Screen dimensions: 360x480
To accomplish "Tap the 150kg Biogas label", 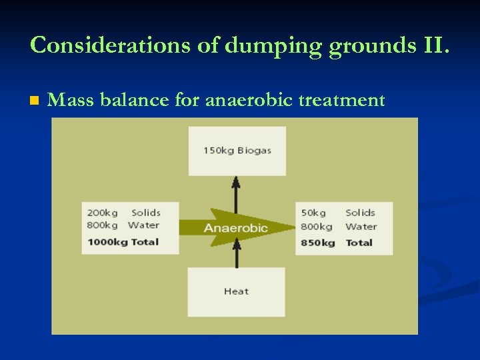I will point(237,151).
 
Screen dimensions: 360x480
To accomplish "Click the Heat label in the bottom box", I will point(236,291).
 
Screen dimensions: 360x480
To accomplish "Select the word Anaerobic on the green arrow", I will point(236,228).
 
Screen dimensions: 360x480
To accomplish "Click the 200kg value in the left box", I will point(102,213).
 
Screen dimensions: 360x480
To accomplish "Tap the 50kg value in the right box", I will point(313,213).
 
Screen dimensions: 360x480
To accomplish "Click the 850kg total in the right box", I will point(318,242).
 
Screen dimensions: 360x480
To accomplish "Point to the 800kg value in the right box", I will point(316,227).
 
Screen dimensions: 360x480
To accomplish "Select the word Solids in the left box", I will point(146,213).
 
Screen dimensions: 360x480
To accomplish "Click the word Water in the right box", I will point(361,227).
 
